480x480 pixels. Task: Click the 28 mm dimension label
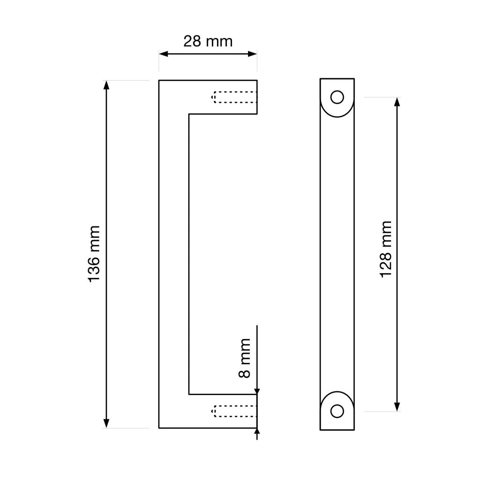pos(208,41)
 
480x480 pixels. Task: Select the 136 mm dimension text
pos(94,254)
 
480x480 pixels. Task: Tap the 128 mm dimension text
pos(386,249)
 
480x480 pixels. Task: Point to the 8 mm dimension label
pos(245,358)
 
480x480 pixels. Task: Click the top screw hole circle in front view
pos(337,97)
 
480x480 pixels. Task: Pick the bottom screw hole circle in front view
pos(337,411)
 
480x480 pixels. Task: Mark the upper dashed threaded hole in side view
pos(234,97)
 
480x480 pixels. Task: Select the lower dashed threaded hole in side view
pos(234,411)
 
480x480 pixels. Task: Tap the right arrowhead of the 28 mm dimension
pos(253,54)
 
